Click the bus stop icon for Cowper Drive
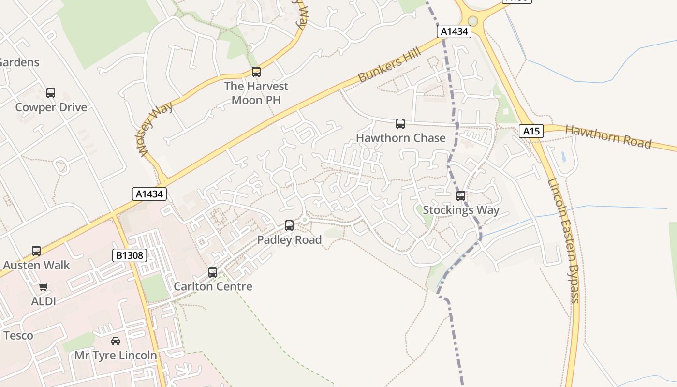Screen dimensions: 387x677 [51, 92]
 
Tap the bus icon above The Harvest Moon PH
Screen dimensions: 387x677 [256, 72]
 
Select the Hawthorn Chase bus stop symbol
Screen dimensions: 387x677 [400, 123]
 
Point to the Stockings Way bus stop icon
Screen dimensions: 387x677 [461, 195]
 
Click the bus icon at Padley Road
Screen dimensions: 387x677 [289, 225]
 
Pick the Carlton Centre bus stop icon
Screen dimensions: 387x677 [213, 272]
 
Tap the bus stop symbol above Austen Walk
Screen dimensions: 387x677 [36, 251]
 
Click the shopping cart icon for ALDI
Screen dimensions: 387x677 [44, 287]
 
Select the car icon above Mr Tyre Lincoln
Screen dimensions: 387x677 [116, 341]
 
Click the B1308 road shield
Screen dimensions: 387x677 [130, 255]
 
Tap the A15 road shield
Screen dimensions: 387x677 [531, 131]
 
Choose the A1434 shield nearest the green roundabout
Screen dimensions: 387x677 [454, 32]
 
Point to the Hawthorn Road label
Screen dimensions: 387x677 [608, 137]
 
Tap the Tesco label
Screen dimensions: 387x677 [18, 335]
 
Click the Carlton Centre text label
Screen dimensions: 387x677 [213, 286]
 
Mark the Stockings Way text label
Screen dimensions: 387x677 [461, 210]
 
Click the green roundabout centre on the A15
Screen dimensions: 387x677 [473, 21]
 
